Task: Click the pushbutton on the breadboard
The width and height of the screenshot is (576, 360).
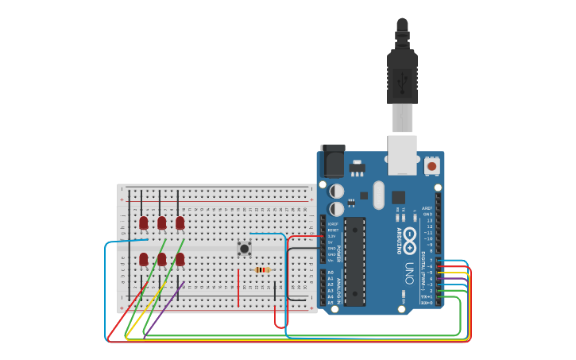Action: point(245,249)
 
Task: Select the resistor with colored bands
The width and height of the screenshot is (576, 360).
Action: point(263,269)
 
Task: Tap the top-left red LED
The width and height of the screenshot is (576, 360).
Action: point(143,223)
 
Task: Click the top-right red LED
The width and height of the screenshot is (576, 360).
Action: point(180,223)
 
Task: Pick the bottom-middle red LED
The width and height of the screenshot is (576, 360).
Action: point(161,259)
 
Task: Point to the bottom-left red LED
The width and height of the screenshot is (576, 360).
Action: point(143,259)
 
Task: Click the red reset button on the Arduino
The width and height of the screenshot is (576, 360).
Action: point(431,166)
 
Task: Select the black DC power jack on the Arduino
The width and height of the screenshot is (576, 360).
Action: point(332,162)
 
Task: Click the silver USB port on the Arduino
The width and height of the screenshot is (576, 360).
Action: point(402,154)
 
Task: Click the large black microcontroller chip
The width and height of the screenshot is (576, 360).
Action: point(354,261)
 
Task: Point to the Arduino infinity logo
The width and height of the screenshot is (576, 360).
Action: point(410,236)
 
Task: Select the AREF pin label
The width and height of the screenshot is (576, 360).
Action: point(427,208)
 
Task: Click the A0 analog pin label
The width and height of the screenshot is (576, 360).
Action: point(331,273)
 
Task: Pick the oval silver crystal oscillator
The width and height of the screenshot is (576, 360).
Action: point(378,195)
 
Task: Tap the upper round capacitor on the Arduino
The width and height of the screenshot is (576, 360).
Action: point(337,192)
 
